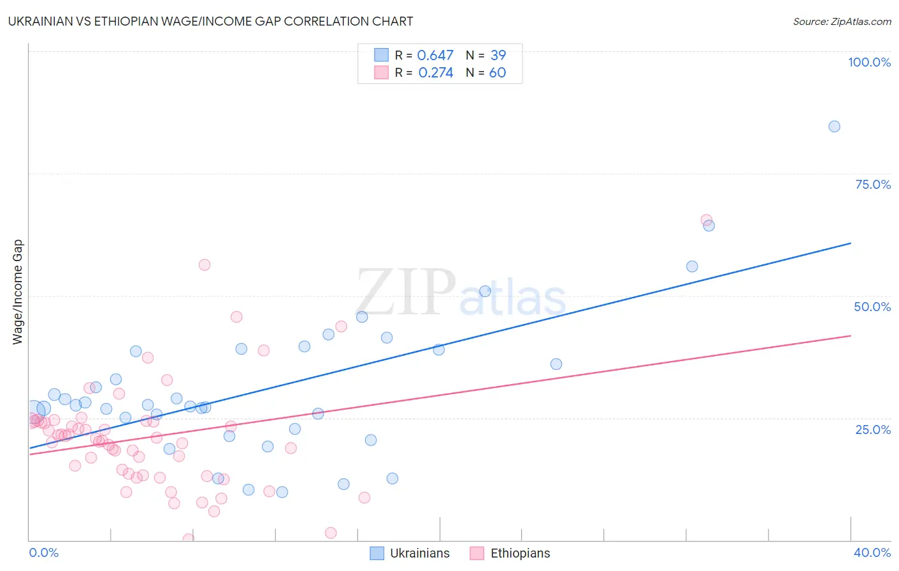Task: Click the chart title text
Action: pos(210,21)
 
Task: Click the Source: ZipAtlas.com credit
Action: pos(841,22)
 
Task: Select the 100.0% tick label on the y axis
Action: pos(869,62)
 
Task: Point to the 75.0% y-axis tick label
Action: pos(873,184)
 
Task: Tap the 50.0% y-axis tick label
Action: pos(872,307)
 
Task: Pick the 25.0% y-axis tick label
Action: pos(873,429)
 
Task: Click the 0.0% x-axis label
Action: pos(43,552)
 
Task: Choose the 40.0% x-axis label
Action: pos(872,552)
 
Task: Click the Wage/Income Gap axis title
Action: pos(18,292)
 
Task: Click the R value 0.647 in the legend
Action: pos(435,56)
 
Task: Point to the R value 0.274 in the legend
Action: pos(435,73)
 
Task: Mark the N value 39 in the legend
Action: pos(498,56)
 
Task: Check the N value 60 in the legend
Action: pos(497,73)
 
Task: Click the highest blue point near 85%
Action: pos(834,126)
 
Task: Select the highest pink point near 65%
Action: pos(706,220)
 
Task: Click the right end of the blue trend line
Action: pos(850,243)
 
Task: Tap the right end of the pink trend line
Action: pos(850,335)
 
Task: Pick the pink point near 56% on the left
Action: pos(205,264)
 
